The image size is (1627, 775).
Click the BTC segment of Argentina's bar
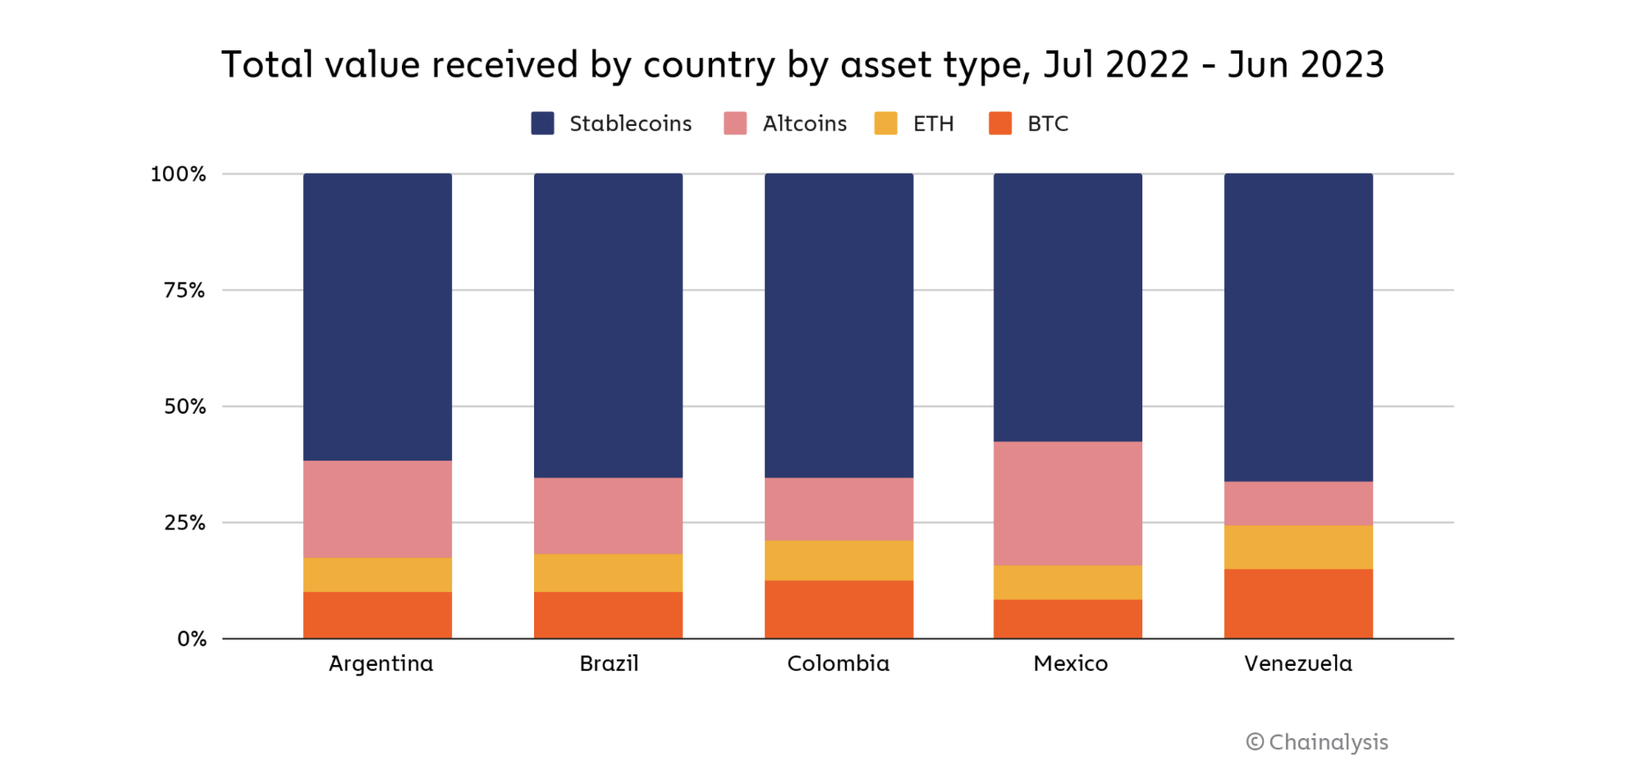(x=377, y=615)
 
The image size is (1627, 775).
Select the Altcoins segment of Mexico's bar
(x=1067, y=503)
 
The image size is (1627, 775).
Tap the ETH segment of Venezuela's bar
(x=1298, y=547)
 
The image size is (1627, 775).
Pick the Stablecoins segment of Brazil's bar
(x=608, y=325)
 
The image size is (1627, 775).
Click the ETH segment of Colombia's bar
(x=838, y=560)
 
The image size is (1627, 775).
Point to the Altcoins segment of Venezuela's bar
(x=1298, y=503)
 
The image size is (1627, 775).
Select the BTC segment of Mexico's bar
(x=1067, y=618)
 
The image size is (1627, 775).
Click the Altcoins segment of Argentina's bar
(x=377, y=509)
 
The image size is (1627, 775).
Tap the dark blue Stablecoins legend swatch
(x=543, y=123)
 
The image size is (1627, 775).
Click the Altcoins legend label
(x=804, y=123)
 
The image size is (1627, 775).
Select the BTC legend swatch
(x=1000, y=123)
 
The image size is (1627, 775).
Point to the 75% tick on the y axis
(x=184, y=291)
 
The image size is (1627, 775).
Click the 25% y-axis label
(x=184, y=523)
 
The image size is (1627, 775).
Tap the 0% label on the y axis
(x=191, y=639)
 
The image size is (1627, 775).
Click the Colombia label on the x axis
(x=838, y=663)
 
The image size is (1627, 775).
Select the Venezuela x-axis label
(x=1297, y=663)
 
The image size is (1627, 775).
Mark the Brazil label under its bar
(x=608, y=663)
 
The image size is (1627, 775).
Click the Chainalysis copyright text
(x=1317, y=742)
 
